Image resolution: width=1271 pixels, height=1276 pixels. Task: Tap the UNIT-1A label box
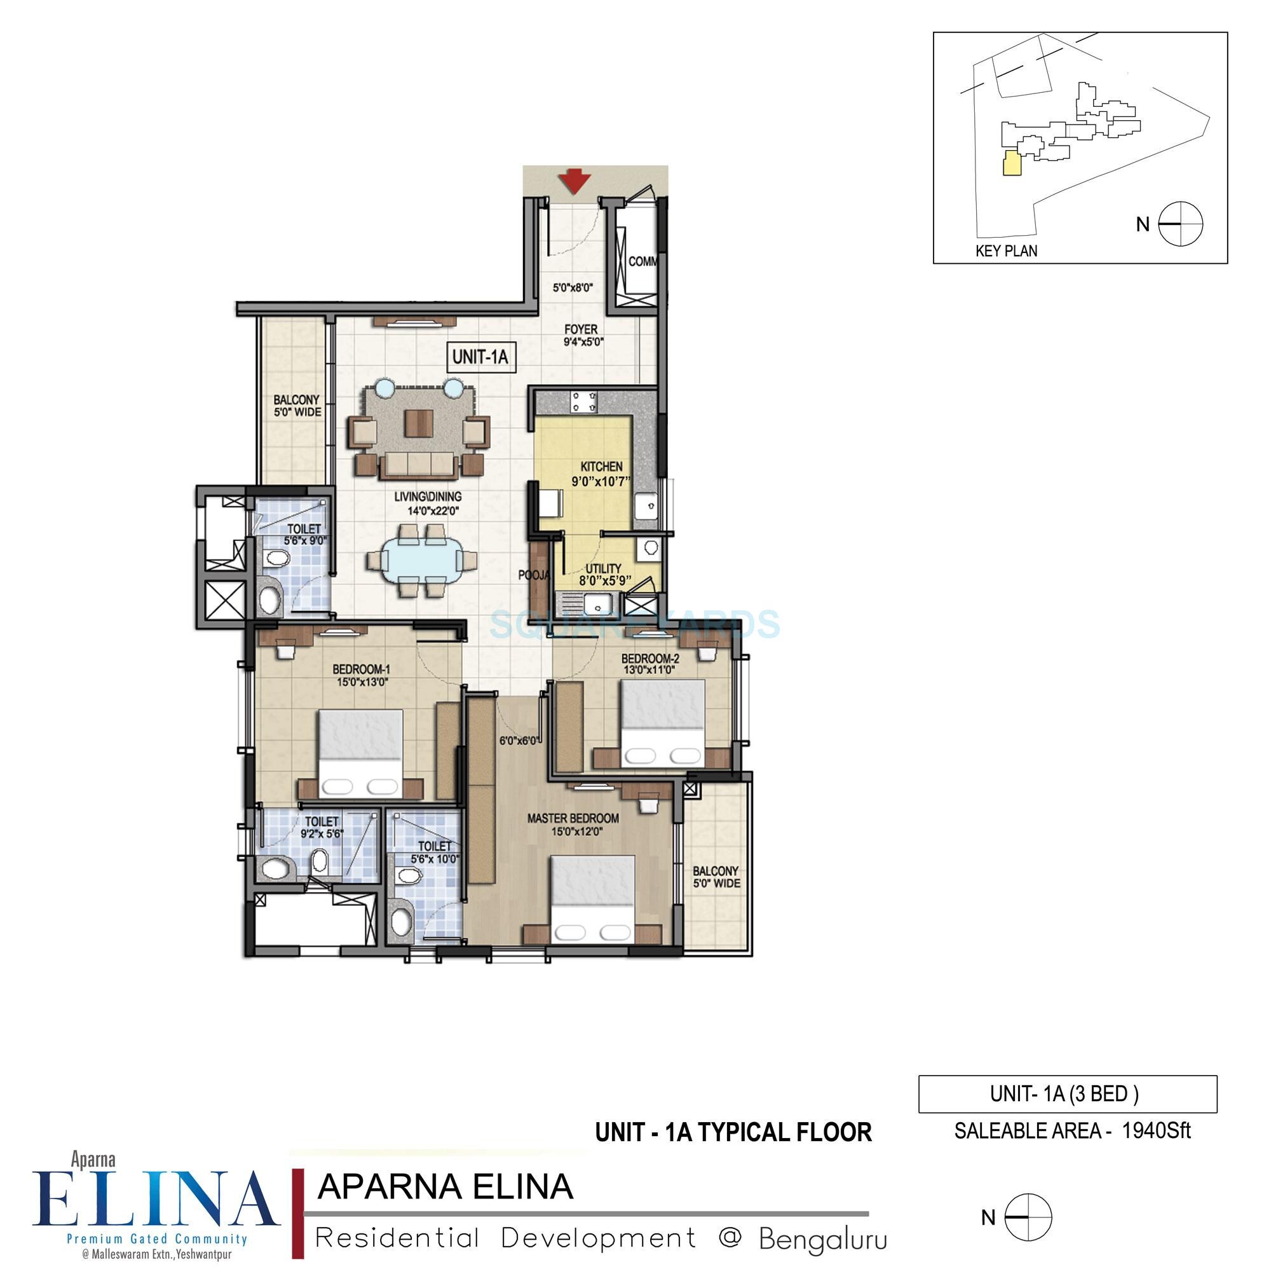(x=480, y=357)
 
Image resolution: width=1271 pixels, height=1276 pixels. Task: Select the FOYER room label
(x=580, y=329)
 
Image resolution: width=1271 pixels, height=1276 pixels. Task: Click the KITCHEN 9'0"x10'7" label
(x=601, y=474)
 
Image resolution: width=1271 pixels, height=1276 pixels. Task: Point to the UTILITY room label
(x=604, y=568)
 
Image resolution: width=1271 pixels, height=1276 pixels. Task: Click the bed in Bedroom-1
(x=360, y=753)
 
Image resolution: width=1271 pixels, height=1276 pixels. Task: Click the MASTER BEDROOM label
(x=573, y=818)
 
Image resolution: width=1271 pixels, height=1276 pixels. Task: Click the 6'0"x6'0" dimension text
(x=520, y=741)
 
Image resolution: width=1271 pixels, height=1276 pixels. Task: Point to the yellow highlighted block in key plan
(x=1010, y=163)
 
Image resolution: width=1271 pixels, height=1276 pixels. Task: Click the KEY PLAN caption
(x=1005, y=251)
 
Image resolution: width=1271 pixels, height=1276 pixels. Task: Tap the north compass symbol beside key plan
(x=1181, y=224)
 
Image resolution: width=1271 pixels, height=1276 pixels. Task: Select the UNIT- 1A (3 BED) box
(x=1067, y=1094)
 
